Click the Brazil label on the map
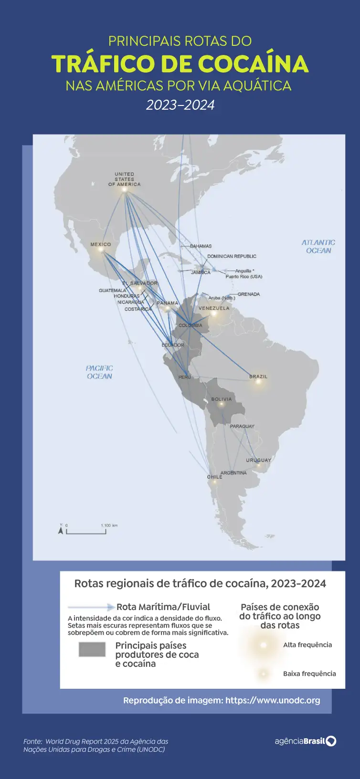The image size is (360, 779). (x=258, y=377)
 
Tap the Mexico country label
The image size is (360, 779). (x=101, y=244)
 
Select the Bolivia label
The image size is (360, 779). (x=222, y=399)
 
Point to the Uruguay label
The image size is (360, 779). (x=258, y=460)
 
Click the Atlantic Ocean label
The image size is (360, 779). (x=318, y=246)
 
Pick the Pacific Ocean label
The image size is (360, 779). (x=99, y=372)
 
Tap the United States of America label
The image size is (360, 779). (x=124, y=179)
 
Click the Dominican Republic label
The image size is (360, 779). (x=232, y=256)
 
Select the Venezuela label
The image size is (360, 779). (x=214, y=308)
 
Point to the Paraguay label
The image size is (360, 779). (x=242, y=426)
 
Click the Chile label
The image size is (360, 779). (x=214, y=477)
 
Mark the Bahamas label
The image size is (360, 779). (x=201, y=246)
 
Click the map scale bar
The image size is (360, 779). (x=86, y=531)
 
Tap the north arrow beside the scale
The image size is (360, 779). (x=61, y=529)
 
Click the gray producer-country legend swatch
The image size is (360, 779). (x=92, y=650)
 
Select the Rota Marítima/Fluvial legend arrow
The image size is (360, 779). (x=91, y=607)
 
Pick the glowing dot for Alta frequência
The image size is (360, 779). (x=263, y=645)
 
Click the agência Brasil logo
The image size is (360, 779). (x=306, y=741)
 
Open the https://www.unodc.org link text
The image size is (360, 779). (x=273, y=700)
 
